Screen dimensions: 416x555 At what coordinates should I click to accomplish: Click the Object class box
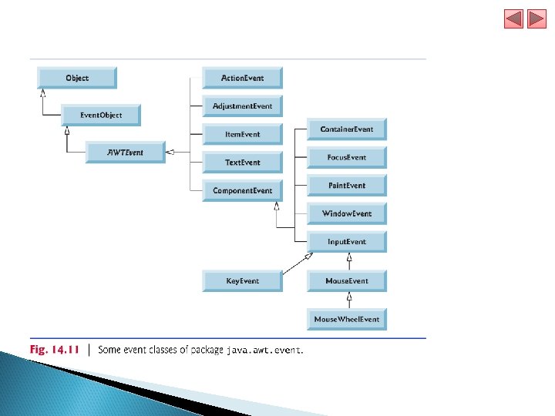77,78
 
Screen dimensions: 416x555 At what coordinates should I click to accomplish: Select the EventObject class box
101,116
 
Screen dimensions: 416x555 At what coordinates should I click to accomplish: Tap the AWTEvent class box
125,153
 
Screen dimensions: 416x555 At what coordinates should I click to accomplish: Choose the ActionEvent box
242,78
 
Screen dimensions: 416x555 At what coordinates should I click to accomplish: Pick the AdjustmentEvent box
242,106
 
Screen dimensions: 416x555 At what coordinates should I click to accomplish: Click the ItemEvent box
242,134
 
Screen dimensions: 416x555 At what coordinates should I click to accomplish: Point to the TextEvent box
242,163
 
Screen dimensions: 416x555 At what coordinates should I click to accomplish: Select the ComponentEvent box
242,191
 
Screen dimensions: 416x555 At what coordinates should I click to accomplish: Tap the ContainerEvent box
346,129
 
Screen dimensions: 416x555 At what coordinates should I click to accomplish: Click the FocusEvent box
346,158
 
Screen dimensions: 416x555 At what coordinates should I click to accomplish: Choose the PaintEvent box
346,186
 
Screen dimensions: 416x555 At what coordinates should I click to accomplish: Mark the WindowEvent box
346,214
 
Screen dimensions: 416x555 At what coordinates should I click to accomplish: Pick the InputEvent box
346,242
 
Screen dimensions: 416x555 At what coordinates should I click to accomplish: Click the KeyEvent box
242,281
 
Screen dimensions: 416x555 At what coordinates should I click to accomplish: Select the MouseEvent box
346,281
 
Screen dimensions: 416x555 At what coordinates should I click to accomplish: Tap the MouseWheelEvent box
346,319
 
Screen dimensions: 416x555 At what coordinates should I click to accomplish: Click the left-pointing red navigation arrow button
513,18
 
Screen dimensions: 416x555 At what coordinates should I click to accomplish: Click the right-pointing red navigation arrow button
536,18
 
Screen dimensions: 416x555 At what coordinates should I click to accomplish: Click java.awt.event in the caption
264,351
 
